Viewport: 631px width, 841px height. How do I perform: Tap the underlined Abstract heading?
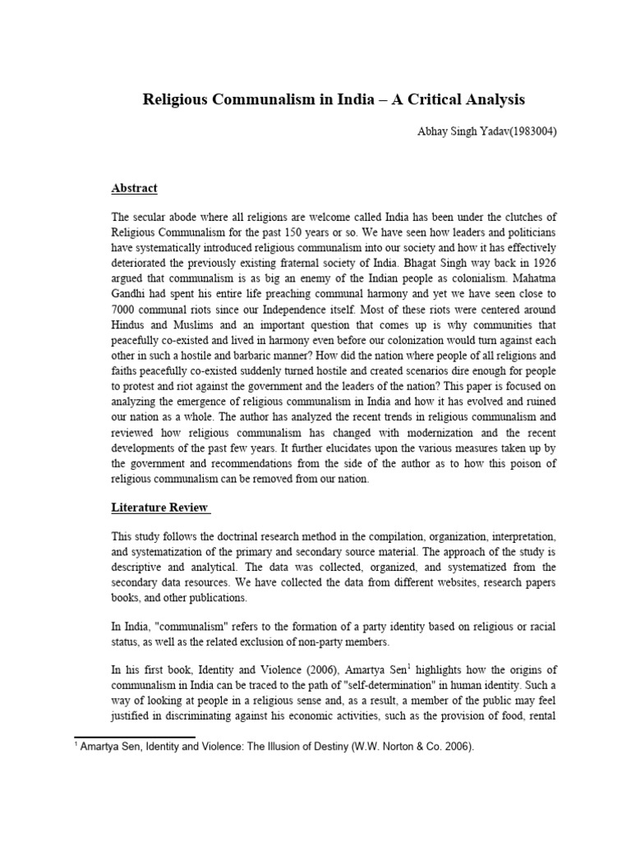(134, 187)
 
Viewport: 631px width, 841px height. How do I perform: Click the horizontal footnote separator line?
(135, 737)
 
